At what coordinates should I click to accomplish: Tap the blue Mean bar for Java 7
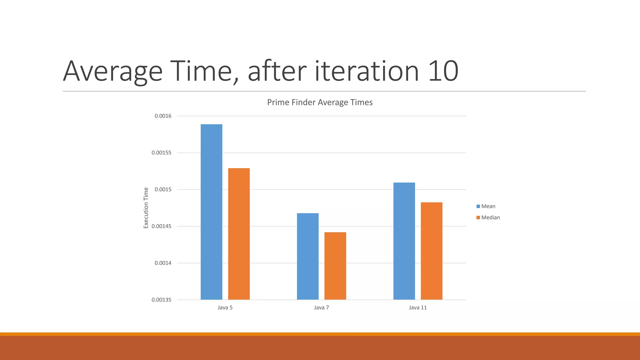pos(307,256)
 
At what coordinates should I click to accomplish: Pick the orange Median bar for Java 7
pos(335,266)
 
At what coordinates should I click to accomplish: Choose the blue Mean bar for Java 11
pos(404,241)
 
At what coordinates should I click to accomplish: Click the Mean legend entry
pos(488,206)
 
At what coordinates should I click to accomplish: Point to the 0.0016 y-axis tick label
pos(163,116)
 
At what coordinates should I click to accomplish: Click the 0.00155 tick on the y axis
pos(161,153)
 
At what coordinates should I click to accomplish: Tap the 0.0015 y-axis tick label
pos(163,189)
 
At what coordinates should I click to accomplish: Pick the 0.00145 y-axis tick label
pos(161,226)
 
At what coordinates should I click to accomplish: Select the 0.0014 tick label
pos(163,263)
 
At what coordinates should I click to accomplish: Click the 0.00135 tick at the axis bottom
pos(161,300)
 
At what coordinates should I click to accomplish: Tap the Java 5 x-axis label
pos(225,307)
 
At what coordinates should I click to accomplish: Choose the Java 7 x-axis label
pos(321,307)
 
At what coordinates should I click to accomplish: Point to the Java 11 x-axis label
pos(417,307)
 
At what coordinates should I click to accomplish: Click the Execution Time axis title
pos(146,208)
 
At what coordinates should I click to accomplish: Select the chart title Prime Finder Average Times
pos(320,102)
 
